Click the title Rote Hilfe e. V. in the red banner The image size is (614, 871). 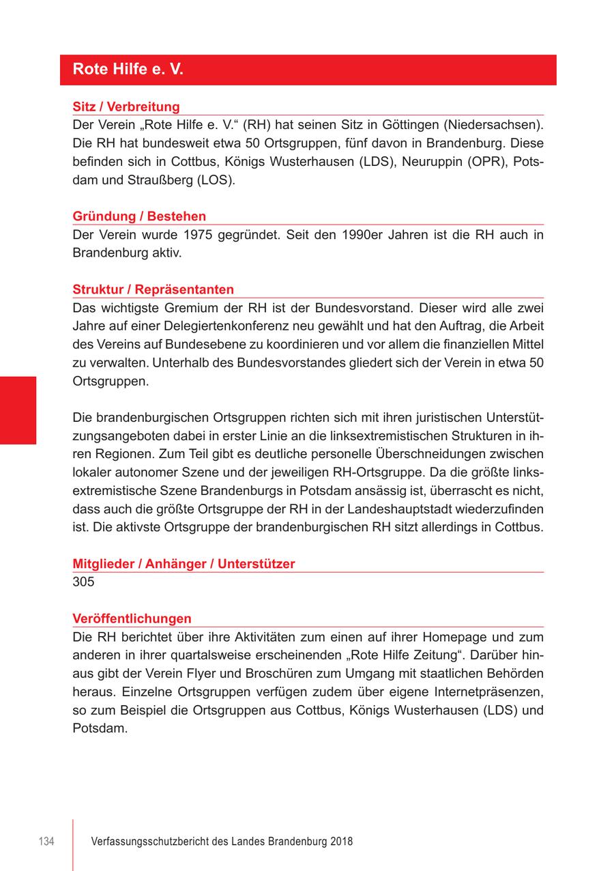pos(128,70)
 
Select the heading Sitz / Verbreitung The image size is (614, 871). pos(126,106)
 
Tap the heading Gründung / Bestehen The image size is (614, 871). pos(139,216)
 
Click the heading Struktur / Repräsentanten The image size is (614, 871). pos(153,289)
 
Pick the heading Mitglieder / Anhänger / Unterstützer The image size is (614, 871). pos(184,564)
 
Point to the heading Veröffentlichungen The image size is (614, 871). pos(132,618)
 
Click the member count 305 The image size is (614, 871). pos(83,582)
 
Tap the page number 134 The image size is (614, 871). pos(46,842)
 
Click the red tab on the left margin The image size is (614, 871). pos(18,410)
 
